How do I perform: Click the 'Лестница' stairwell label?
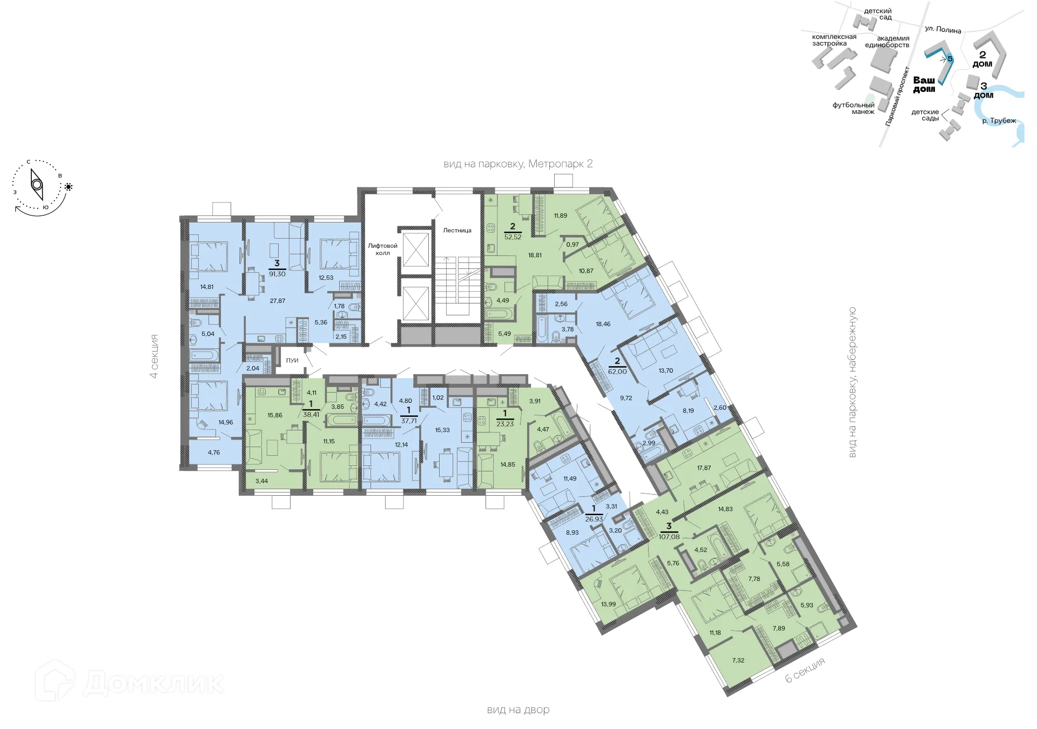[457, 231]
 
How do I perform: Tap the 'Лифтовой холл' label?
[382, 249]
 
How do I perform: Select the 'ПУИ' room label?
[292, 361]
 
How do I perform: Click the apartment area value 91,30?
[277, 274]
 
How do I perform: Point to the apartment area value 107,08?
[669, 537]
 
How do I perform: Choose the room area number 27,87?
[278, 301]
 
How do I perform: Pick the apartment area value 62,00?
[617, 372]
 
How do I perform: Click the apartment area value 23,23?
[505, 424]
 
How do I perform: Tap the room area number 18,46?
[603, 324]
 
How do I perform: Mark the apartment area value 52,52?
[513, 237]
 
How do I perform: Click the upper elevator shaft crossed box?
[416, 249]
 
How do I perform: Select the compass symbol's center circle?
[37, 185]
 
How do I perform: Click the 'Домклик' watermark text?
[153, 683]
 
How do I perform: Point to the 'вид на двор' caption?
[518, 710]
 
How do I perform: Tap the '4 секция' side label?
[154, 356]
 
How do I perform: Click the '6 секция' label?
[805, 670]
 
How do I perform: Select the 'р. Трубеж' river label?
[999, 121]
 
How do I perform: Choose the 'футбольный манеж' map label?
[853, 109]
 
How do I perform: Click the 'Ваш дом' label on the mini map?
[924, 84]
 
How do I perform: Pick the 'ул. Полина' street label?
[942, 30]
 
